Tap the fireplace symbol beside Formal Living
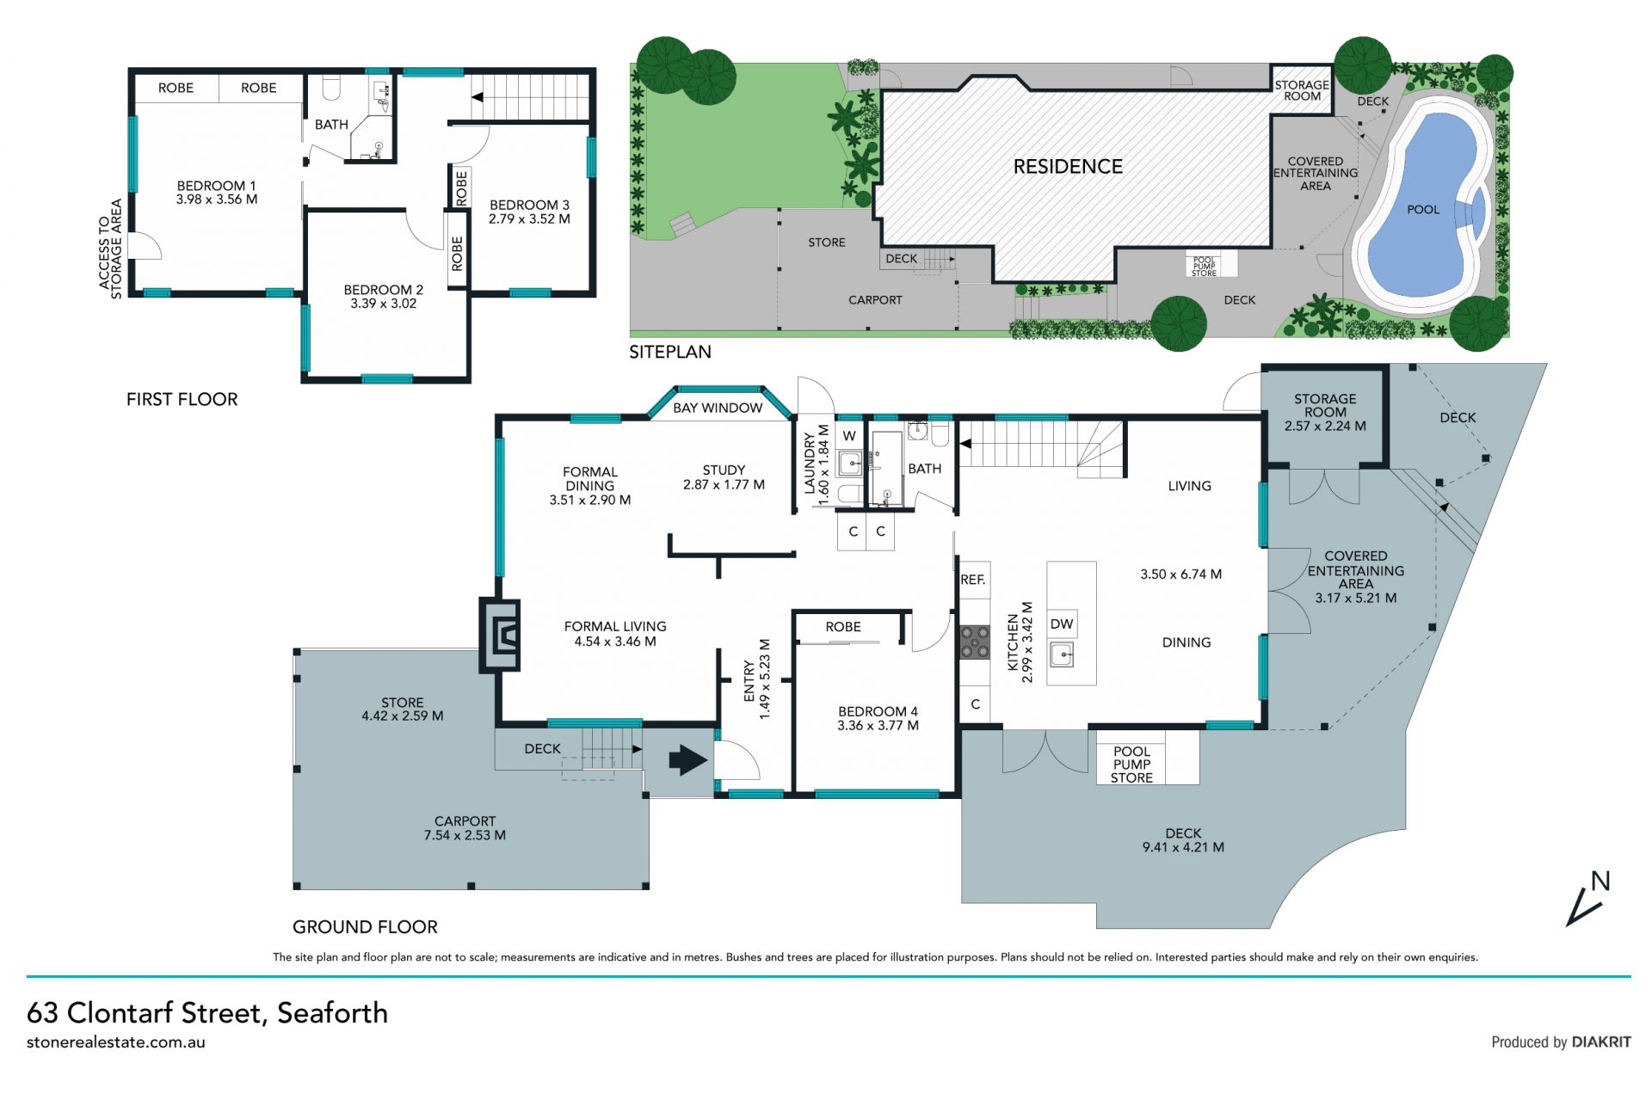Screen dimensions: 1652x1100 pyautogui.click(x=500, y=636)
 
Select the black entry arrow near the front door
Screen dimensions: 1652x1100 pyautogui.click(x=687, y=760)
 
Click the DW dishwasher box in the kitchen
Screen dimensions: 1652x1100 pyautogui.click(x=1062, y=624)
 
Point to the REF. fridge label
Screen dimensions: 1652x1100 pyautogui.click(x=973, y=581)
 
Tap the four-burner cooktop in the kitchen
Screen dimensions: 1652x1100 pyautogui.click(x=975, y=642)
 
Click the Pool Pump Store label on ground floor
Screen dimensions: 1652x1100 pyautogui.click(x=1131, y=765)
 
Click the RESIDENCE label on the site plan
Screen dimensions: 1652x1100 pyautogui.click(x=1068, y=167)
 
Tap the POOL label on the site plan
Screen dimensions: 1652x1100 pyautogui.click(x=1423, y=210)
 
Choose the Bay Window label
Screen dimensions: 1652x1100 pyautogui.click(x=718, y=408)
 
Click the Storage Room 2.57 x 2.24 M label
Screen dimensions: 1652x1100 pyautogui.click(x=1325, y=412)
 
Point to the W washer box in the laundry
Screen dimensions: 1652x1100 pyautogui.click(x=849, y=435)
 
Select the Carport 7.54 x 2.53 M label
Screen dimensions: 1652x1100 pyautogui.click(x=465, y=828)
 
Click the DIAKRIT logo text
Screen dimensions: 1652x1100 pyautogui.click(x=1601, y=1042)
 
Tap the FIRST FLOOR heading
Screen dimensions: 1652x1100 pyautogui.click(x=182, y=399)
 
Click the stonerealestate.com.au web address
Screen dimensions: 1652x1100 pyautogui.click(x=116, y=1042)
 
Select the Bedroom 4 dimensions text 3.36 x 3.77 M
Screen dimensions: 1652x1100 pyautogui.click(x=878, y=726)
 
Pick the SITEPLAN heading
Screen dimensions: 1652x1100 pyautogui.click(x=670, y=352)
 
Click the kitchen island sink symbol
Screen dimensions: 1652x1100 pyautogui.click(x=1062, y=656)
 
